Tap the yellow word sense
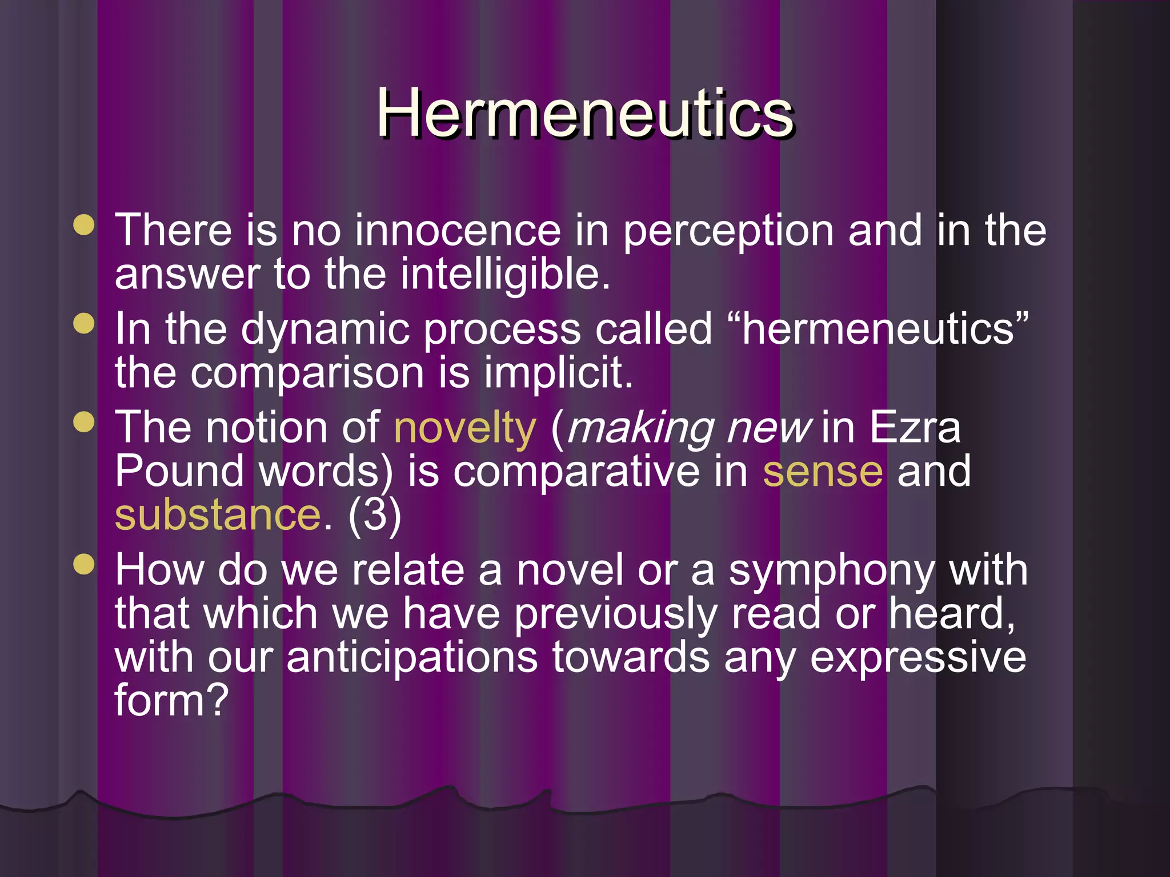click(x=823, y=472)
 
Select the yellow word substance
click(x=218, y=515)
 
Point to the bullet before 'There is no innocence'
click(x=84, y=224)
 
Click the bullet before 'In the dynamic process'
click(x=84, y=323)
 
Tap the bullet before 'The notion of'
click(x=84, y=423)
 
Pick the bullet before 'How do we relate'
click(x=84, y=565)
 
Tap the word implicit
click(x=558, y=373)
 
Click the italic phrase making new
click(x=689, y=428)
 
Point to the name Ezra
click(x=915, y=428)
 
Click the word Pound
click(x=179, y=472)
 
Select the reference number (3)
click(x=375, y=515)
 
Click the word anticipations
click(x=412, y=658)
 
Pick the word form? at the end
click(x=171, y=701)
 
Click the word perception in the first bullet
click(x=728, y=231)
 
